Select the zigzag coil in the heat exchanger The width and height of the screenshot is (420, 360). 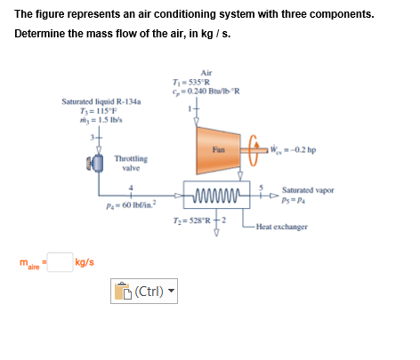click(x=214, y=193)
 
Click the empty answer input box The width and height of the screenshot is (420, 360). click(x=60, y=262)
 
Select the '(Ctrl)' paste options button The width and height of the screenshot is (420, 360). click(x=144, y=290)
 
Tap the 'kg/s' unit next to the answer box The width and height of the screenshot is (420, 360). click(x=86, y=262)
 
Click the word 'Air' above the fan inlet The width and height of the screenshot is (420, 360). click(x=206, y=72)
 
